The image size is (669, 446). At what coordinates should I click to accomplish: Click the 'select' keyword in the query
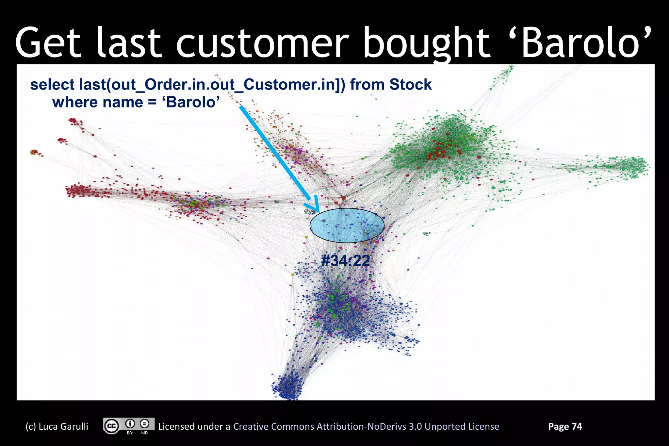pos(52,85)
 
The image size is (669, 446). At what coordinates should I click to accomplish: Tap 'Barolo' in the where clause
pos(193,102)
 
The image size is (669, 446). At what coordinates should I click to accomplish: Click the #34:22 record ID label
pos(345,261)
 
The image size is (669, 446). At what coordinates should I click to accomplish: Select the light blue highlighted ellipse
pos(347,225)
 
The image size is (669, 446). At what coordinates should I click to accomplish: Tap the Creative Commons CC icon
pos(112,426)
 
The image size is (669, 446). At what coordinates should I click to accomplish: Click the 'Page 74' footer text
pos(565,426)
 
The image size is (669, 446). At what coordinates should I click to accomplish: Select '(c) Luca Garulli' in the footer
pos(57,426)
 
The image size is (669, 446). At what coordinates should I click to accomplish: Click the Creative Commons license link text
pos(366,426)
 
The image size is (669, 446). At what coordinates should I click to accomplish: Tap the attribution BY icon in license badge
pos(130,424)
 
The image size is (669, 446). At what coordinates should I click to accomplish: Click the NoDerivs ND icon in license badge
pos(144,424)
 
